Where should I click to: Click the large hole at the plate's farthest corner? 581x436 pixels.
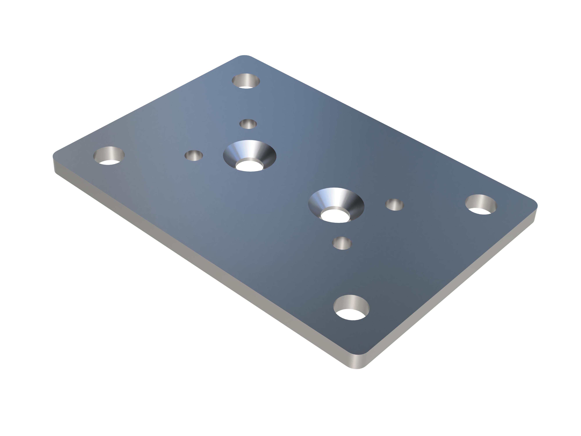point(246,81)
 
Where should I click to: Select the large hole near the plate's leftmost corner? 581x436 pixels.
point(109,156)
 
